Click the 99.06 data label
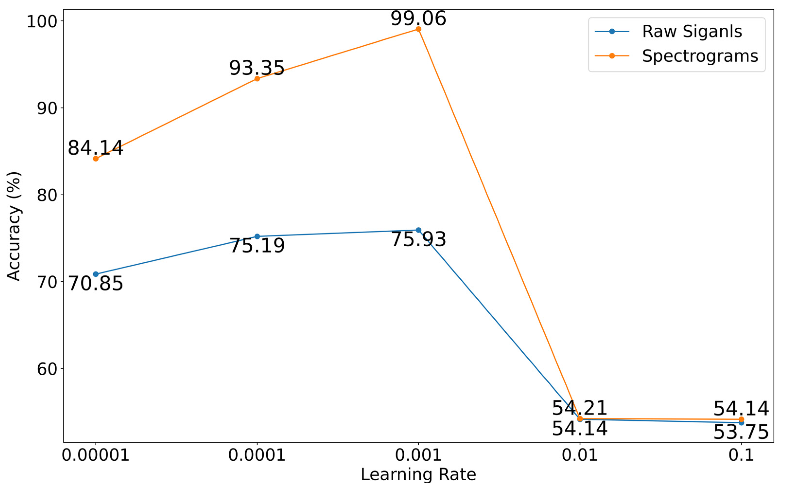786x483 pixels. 418,18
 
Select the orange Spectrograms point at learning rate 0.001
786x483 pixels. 418,29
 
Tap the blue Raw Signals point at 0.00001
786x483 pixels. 95,274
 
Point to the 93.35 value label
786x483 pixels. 257,68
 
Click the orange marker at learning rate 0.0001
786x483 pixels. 257,78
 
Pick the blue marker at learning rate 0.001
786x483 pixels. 418,230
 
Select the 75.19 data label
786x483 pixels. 257,246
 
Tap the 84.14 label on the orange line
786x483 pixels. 95,148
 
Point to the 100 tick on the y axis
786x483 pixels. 42,21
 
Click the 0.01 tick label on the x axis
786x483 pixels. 580,455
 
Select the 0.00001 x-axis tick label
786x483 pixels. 95,455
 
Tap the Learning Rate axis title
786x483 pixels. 418,475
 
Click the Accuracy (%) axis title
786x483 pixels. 14,226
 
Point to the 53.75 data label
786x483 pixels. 741,432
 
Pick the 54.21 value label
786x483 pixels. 579,408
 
